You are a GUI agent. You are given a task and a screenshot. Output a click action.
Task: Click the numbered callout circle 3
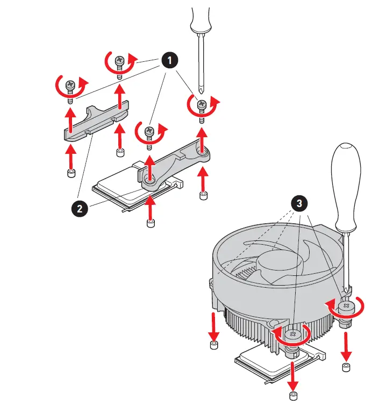pyautogui.click(x=299, y=203)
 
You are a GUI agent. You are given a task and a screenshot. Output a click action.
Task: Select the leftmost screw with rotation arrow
pyautogui.click(x=69, y=86)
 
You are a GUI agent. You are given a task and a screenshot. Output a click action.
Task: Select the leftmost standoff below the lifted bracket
pyautogui.click(x=70, y=173)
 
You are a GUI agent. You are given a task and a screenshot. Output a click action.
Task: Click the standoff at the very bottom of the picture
pyautogui.click(x=294, y=396)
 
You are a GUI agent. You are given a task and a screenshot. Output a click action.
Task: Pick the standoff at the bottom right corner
pyautogui.click(x=346, y=367)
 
